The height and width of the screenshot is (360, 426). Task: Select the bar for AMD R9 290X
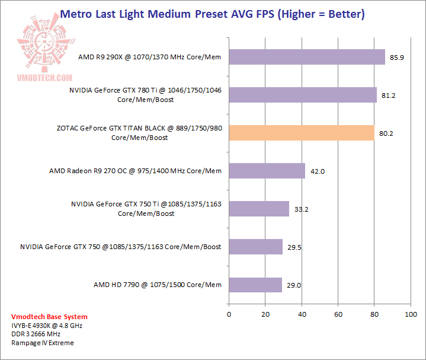(306, 57)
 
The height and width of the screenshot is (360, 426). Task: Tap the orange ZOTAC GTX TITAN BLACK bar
(301, 133)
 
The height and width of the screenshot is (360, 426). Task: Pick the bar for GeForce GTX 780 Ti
(302, 95)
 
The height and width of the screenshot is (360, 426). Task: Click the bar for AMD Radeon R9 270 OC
(267, 171)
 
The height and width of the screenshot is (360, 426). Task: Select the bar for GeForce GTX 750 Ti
(258, 209)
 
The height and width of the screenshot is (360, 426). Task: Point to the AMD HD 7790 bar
(255, 285)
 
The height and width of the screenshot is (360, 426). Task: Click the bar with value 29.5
(255, 247)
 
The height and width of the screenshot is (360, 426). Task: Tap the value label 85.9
(396, 58)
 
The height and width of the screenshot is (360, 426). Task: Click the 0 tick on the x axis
(229, 314)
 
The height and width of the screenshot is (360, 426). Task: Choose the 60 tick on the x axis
(338, 314)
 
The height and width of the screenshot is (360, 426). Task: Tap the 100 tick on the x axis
(410, 314)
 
